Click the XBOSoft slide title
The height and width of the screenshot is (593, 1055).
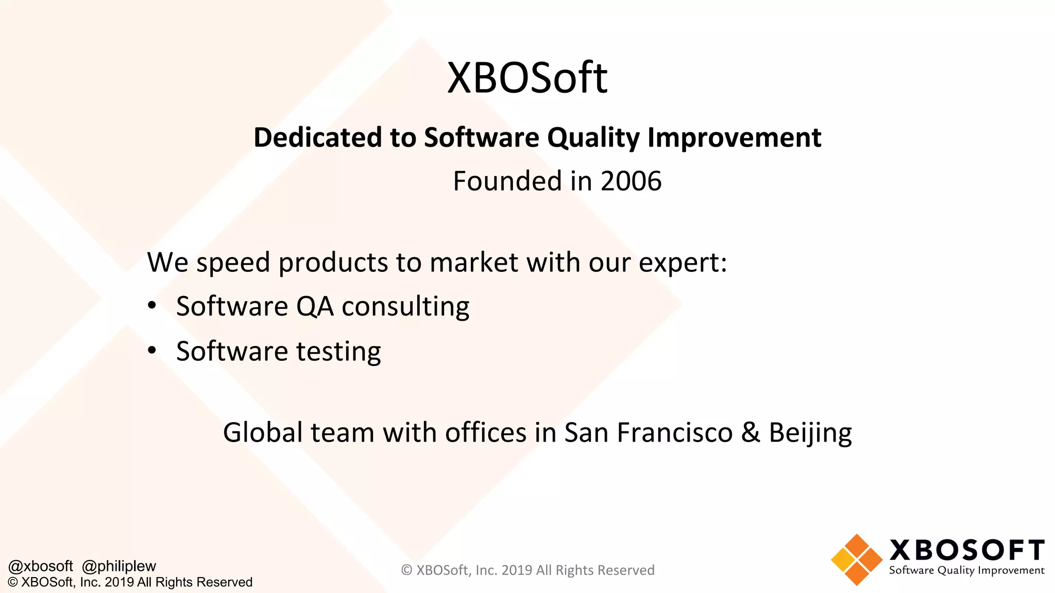coord(527,78)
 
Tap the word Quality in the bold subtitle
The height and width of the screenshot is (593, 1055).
coord(593,138)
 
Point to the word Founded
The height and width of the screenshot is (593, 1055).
coord(507,181)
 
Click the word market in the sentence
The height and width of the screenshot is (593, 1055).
coord(473,263)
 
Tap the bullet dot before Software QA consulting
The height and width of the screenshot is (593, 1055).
coord(151,306)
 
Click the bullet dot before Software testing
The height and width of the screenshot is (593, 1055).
coord(151,351)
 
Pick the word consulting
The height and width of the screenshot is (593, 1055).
coord(405,307)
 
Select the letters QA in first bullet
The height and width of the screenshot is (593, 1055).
coord(315,307)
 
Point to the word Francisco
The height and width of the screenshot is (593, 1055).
coord(674,432)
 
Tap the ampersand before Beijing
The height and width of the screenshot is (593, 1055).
coord(751,432)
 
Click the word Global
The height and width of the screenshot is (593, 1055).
coord(262,432)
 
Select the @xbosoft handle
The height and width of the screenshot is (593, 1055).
coord(41,566)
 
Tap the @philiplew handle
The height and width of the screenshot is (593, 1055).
coord(119,566)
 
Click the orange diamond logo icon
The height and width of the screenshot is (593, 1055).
coord(856,560)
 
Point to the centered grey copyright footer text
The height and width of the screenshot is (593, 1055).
coord(527,570)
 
